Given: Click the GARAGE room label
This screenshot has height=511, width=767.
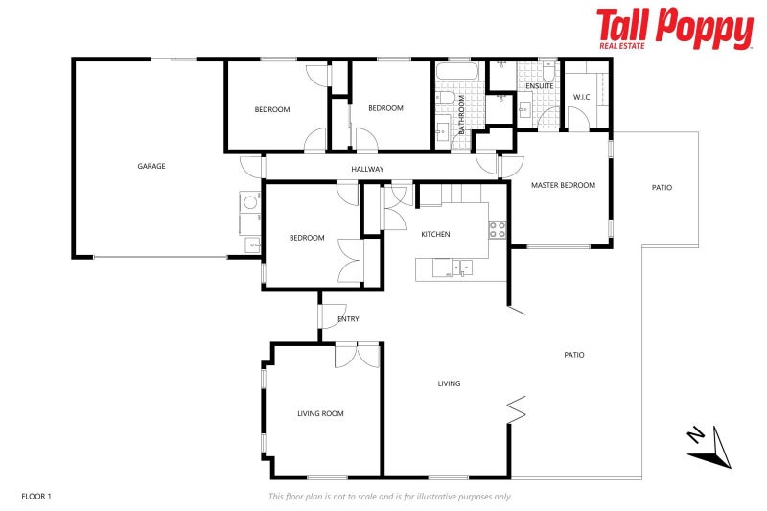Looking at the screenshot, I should point(151,166).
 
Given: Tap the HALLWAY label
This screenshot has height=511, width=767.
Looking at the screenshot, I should point(367,170).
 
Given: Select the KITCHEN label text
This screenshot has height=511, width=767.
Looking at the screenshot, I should point(435,234).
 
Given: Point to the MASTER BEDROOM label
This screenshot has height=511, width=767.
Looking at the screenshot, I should point(563,185).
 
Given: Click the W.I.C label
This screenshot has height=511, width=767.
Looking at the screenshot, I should point(581,97).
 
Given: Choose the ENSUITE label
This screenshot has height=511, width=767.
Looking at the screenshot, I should point(540,86).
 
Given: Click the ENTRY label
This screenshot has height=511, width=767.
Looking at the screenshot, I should point(349,319).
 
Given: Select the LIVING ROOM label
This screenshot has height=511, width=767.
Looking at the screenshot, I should point(320,413).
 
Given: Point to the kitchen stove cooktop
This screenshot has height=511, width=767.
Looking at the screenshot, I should point(498,229).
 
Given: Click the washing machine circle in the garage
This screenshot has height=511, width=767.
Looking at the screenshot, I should point(250,202).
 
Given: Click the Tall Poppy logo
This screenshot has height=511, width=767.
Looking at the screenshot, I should point(674,29).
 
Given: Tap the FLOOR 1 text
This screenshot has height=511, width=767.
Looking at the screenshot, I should point(35,496).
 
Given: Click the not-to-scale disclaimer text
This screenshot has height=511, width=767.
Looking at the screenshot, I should point(389,496).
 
